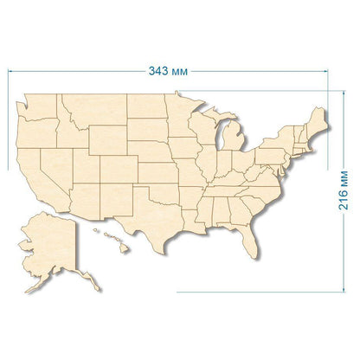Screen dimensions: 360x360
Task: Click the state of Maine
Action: pos(318,121)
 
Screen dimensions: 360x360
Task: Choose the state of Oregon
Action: pos(35,128)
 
